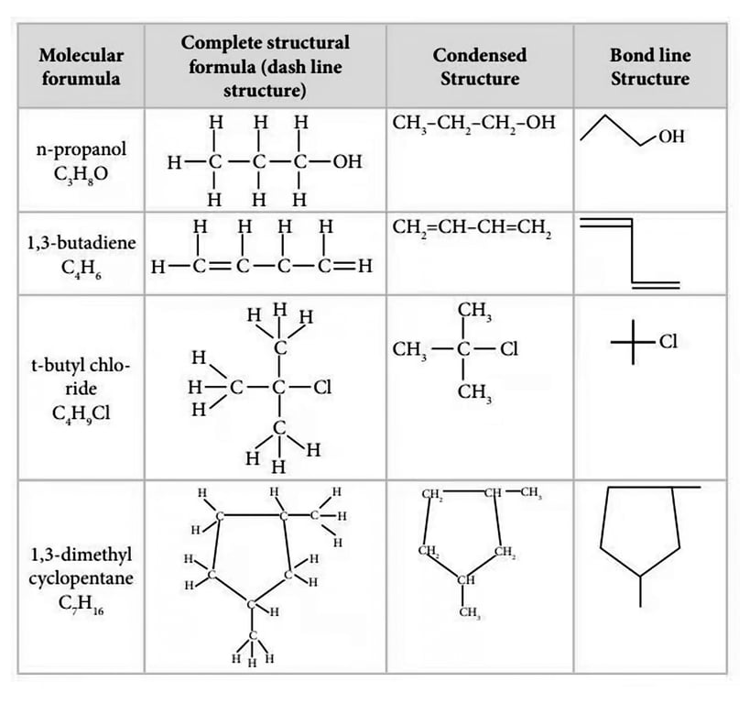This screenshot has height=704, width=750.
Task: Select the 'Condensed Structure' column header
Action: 479,66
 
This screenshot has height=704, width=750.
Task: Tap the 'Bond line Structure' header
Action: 650,66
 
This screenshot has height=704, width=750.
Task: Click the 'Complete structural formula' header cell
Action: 265,66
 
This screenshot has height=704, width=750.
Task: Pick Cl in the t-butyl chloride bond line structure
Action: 668,342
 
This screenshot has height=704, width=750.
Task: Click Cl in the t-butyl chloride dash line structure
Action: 321,387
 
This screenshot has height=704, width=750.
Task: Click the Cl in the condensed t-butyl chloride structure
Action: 508,349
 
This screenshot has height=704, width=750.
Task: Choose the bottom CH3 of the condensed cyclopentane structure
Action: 469,612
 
